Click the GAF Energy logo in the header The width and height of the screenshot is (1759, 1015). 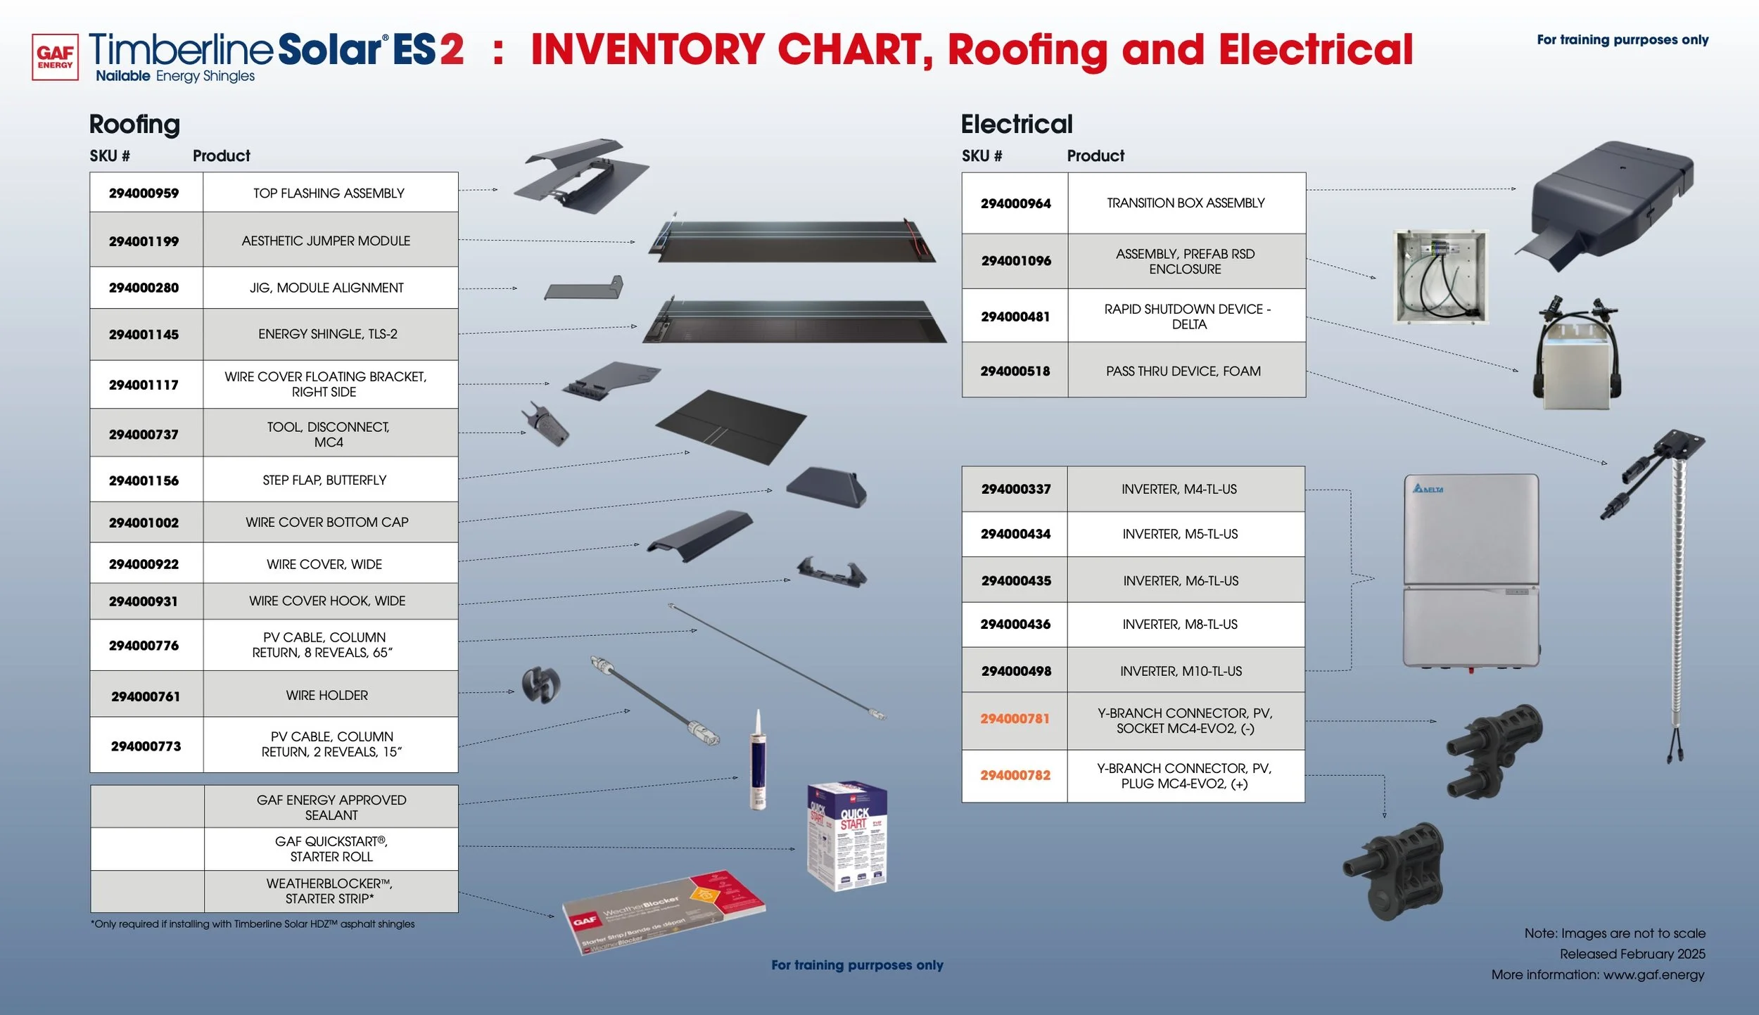pyautogui.click(x=55, y=57)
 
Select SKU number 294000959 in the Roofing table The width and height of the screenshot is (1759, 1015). pyautogui.click(x=144, y=193)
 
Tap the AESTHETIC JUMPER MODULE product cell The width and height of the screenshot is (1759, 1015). pyautogui.click(x=326, y=241)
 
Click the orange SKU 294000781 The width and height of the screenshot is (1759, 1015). pyautogui.click(x=1015, y=719)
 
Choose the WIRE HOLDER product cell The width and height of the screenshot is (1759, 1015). pyautogui.click(x=326, y=696)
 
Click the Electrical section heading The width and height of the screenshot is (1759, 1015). pyautogui.click(x=1016, y=125)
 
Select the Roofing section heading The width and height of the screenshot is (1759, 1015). pyautogui.click(x=134, y=125)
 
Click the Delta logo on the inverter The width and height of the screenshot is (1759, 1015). pyautogui.click(x=1428, y=489)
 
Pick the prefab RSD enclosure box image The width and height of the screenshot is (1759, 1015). pyautogui.click(x=1440, y=276)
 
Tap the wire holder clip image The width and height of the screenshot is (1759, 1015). pyautogui.click(x=540, y=684)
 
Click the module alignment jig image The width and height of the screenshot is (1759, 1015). pyautogui.click(x=585, y=288)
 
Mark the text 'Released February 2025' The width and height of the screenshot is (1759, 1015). pyautogui.click(x=1632, y=955)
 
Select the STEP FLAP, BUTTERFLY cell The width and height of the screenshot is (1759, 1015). pyautogui.click(x=324, y=480)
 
